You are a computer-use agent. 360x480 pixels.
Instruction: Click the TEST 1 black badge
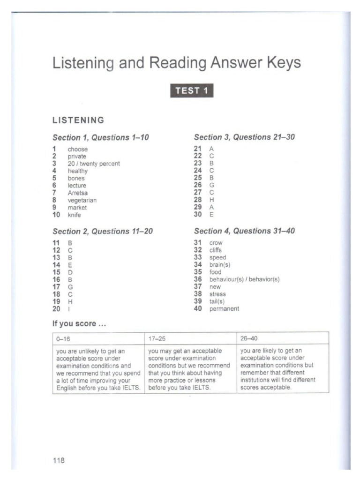(x=192, y=90)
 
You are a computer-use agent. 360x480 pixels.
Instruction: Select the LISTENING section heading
(x=78, y=120)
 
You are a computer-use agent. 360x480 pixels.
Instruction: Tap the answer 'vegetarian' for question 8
(x=82, y=200)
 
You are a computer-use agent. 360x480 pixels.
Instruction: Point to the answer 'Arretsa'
(x=77, y=193)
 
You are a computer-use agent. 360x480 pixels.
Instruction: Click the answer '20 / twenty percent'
(x=94, y=164)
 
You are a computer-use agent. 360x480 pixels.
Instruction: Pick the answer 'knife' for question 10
(x=75, y=215)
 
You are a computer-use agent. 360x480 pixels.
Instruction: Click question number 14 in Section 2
(x=57, y=265)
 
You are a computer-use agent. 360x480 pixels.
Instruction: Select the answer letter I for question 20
(x=69, y=309)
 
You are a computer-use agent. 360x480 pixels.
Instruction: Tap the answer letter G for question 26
(x=211, y=185)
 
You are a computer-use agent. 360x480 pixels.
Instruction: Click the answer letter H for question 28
(x=211, y=200)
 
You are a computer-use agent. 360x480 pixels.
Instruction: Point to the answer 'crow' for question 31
(x=216, y=243)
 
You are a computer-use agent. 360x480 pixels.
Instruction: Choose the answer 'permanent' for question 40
(x=224, y=309)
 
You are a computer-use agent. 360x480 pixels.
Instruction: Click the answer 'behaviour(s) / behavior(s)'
(x=244, y=279)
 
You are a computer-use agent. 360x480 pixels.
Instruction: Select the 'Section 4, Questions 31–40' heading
(x=244, y=231)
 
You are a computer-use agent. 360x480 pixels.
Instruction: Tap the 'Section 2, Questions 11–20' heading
(x=103, y=232)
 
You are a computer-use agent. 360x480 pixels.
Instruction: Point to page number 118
(x=58, y=460)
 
